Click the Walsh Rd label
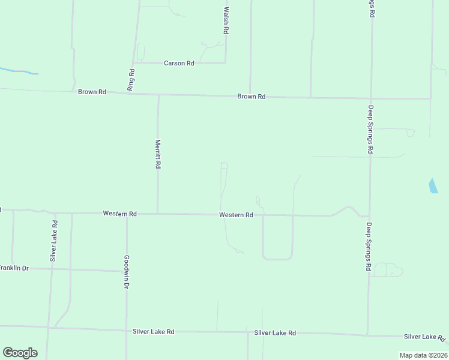coord(226,20)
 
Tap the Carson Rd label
coord(179,63)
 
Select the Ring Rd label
coord(131,79)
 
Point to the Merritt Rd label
coord(158,154)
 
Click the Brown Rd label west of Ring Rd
coord(92,92)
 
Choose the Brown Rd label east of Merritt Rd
coord(251,96)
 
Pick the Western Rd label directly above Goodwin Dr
coord(119,213)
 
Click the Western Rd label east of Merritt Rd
coord(236,215)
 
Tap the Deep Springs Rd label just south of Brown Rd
coord(371,130)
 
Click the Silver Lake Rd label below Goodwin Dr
coord(153,331)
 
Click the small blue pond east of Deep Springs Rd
coord(433,186)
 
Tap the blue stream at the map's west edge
coord(18,71)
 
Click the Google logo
coord(20,352)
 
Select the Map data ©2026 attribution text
coord(423,355)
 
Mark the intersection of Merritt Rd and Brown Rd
coord(158,95)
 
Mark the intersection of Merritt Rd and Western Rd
coord(158,213)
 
